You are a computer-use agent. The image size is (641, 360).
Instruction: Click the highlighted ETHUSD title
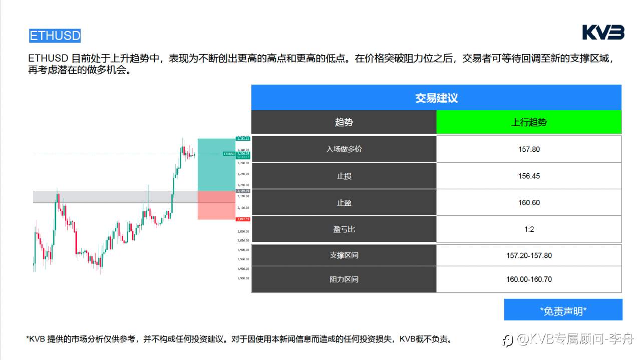click(x=55, y=36)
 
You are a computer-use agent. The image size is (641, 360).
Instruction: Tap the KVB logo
click(x=603, y=33)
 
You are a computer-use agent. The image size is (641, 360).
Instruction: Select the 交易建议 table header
click(x=436, y=98)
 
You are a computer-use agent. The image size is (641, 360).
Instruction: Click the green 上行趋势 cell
click(x=529, y=122)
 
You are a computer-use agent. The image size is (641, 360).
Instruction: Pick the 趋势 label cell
click(x=344, y=122)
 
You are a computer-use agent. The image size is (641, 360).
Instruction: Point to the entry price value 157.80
click(x=529, y=149)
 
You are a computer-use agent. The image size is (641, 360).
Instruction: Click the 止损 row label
click(x=344, y=176)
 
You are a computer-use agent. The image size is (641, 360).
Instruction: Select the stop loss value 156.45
click(x=529, y=176)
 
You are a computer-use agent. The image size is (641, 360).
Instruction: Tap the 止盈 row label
click(x=344, y=203)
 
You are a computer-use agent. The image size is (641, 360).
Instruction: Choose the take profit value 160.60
click(x=529, y=203)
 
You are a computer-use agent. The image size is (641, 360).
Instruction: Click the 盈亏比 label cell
click(x=344, y=229)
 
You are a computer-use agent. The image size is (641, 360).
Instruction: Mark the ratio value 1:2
click(x=529, y=229)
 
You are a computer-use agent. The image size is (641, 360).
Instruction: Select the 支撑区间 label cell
click(x=344, y=255)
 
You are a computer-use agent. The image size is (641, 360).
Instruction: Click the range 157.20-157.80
click(x=529, y=255)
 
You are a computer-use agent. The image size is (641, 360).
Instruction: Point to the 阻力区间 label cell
click(x=344, y=279)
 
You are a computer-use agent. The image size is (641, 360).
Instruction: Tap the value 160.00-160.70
click(x=529, y=279)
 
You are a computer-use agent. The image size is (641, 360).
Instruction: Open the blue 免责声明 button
click(x=563, y=310)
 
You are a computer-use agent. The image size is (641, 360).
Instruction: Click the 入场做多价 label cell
click(x=344, y=149)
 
